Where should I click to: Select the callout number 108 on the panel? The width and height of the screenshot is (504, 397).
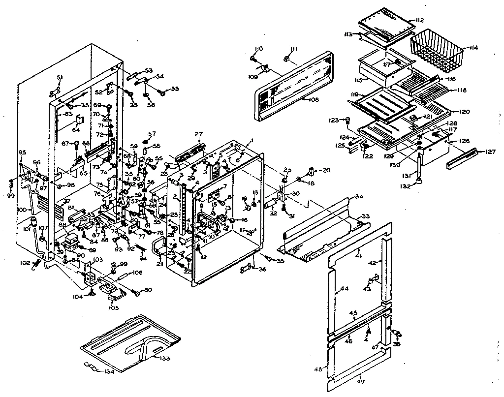(313, 99)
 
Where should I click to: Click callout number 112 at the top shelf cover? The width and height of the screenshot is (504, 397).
(419, 20)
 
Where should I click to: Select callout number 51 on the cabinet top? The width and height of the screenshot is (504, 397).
(60, 77)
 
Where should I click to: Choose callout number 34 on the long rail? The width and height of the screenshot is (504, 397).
(358, 197)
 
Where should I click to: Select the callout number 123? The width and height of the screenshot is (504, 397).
(334, 120)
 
